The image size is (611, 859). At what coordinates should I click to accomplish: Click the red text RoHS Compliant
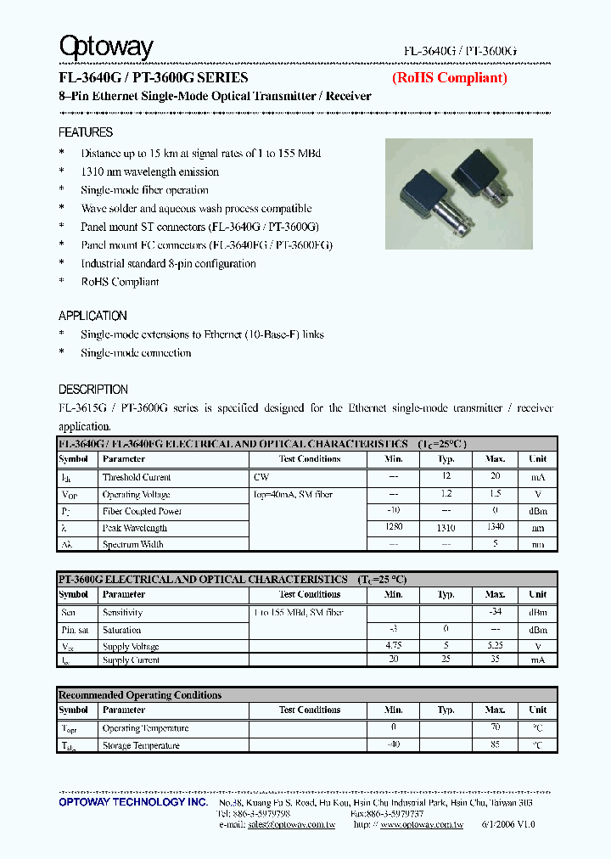click(x=449, y=77)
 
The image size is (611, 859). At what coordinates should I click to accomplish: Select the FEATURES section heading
click(x=86, y=132)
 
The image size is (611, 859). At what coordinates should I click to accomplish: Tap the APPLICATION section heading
click(x=92, y=316)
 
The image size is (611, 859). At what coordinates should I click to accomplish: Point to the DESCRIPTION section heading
click(x=93, y=390)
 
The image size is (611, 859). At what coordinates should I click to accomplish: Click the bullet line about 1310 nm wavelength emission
click(x=149, y=171)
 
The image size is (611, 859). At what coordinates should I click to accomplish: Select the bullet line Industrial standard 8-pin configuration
click(x=168, y=263)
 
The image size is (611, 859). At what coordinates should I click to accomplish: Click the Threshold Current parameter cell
click(x=137, y=477)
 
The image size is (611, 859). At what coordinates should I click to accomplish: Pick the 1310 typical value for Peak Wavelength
click(x=446, y=528)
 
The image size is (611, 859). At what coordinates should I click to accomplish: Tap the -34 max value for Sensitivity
click(x=496, y=612)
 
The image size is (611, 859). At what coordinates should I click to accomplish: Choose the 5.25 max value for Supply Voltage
click(x=496, y=646)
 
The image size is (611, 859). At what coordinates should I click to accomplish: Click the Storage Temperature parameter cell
click(x=141, y=745)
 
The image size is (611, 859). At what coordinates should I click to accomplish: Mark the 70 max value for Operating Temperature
click(x=496, y=728)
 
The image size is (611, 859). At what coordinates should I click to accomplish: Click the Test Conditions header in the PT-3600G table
click(x=309, y=594)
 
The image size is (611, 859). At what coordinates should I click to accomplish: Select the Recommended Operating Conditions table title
click(x=140, y=695)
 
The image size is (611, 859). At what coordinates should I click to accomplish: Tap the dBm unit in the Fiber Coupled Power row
click(x=537, y=511)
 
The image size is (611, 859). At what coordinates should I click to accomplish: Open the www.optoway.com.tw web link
click(x=421, y=824)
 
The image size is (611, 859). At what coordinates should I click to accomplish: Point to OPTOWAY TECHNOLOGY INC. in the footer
click(x=133, y=802)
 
